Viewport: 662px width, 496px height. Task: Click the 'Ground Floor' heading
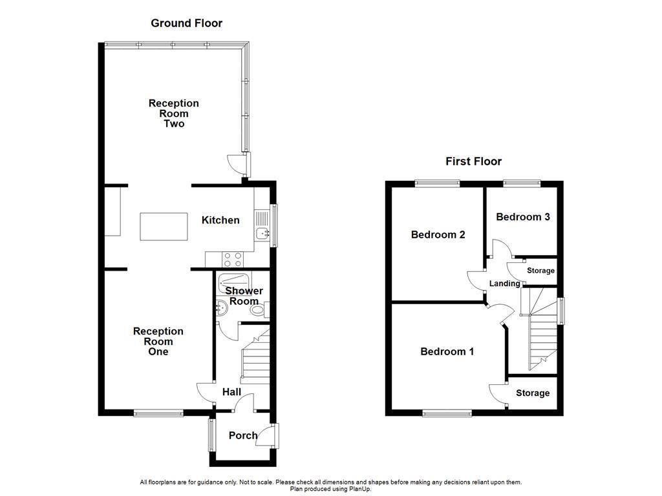(186, 23)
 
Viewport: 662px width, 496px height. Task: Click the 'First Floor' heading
(473, 161)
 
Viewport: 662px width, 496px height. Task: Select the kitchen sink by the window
(262, 233)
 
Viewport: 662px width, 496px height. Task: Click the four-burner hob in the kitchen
(233, 259)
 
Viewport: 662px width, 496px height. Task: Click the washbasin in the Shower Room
(220, 309)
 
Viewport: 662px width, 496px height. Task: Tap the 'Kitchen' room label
(220, 220)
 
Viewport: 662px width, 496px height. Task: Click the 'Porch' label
(243, 436)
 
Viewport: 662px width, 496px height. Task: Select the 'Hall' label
(231, 392)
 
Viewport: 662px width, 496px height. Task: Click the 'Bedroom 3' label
(522, 217)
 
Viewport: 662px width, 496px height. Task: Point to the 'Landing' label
(504, 284)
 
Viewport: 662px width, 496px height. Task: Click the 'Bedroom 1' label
(447, 352)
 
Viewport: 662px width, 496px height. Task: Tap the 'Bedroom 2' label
(438, 235)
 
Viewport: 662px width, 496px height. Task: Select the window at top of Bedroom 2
(437, 183)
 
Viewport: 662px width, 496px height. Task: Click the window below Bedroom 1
(447, 413)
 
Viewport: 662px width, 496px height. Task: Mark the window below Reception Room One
(158, 413)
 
